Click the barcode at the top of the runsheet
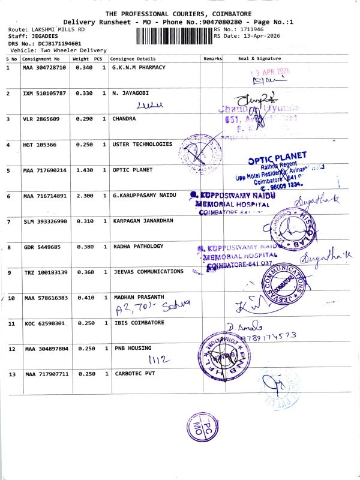click(174, 36)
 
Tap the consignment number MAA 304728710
click(45, 68)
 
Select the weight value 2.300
click(84, 196)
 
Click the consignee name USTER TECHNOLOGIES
click(142, 145)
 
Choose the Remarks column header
click(212, 59)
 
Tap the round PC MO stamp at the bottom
click(201, 428)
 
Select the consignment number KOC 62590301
click(45, 323)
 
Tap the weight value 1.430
click(84, 170)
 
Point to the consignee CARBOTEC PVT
click(133, 374)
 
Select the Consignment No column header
click(41, 59)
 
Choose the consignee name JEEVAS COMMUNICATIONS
click(148, 272)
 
